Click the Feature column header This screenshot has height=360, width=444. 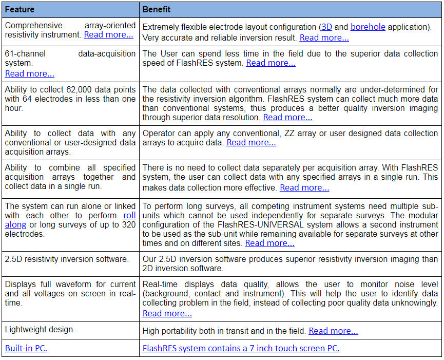pos(20,10)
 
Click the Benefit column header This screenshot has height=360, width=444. pos(157,10)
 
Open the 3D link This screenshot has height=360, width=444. pos(326,27)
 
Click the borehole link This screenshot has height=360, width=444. pos(368,27)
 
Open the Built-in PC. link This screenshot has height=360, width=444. pos(27,348)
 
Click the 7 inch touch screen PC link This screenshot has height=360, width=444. pos(241,348)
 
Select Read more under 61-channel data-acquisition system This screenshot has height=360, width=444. pos(30,73)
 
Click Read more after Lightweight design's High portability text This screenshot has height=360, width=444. pos(333,331)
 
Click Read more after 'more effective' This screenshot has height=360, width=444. pos(304,187)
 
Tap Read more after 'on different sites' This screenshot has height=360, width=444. pos(269,243)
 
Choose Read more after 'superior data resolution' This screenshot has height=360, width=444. pos(287,117)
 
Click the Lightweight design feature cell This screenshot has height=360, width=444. pos(40,329)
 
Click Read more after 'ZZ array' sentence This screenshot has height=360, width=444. pos(251,142)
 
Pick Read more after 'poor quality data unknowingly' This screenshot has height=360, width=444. pos(167,313)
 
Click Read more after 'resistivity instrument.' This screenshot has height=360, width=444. pos(108,35)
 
